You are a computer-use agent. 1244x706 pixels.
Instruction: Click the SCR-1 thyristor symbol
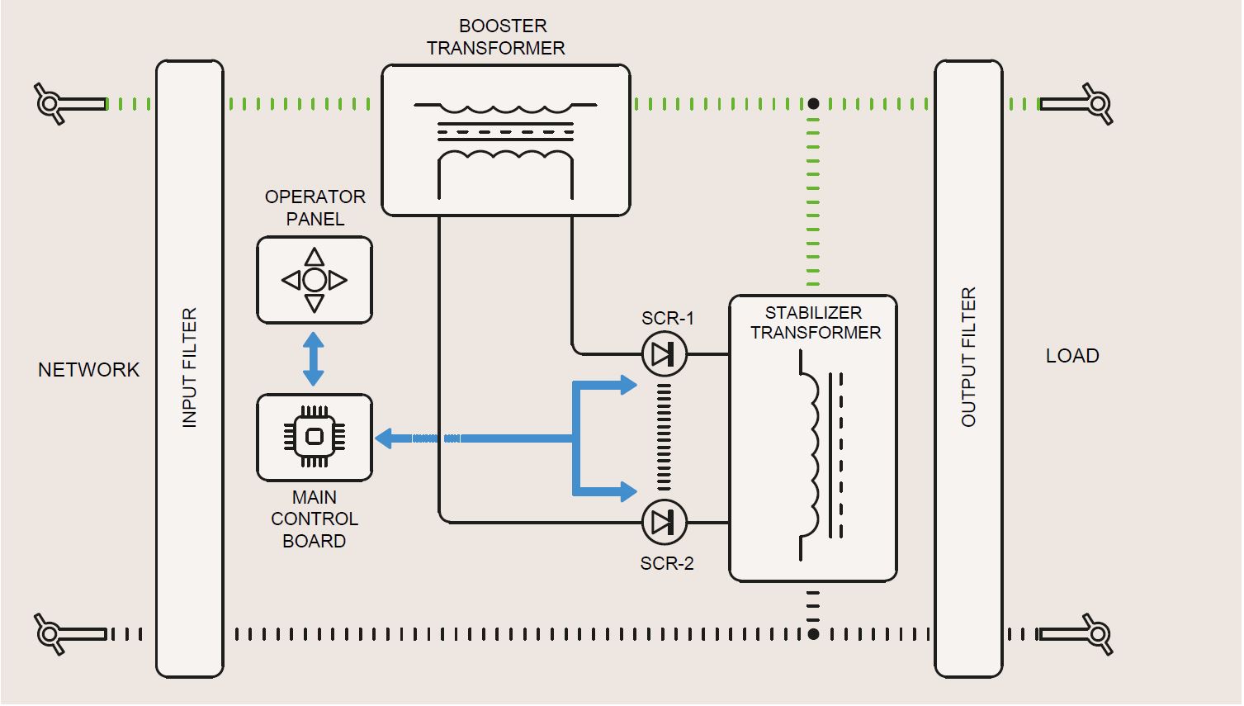coord(665,354)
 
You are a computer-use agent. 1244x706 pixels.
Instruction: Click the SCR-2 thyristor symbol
coord(665,522)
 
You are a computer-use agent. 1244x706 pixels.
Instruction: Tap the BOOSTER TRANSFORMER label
coord(496,37)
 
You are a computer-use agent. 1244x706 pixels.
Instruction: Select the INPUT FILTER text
coord(190,368)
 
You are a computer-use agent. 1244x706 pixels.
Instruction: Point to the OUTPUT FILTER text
coord(968,357)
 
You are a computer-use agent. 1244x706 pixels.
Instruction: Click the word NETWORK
coord(89,370)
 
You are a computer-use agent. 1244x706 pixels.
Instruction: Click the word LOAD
coord(1072,356)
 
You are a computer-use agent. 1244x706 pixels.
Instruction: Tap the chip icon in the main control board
coord(315,437)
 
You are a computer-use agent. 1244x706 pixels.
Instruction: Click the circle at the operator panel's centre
coord(315,281)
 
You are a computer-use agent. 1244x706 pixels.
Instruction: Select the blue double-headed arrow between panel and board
coord(314,359)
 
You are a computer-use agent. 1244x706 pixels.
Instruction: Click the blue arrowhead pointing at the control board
coord(385,438)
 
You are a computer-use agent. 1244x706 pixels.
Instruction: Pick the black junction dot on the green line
coord(813,104)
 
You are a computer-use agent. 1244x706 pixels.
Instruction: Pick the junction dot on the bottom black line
coord(813,634)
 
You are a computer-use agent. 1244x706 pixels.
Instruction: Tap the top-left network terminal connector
coord(51,104)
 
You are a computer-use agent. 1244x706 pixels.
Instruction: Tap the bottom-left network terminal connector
coord(51,634)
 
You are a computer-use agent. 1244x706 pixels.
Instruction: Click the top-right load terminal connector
coord(1096,104)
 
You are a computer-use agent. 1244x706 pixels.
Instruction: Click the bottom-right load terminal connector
coord(1096,634)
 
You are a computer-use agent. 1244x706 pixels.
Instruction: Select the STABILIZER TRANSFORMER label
coord(815,323)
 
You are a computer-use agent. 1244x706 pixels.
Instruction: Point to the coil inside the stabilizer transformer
coord(810,455)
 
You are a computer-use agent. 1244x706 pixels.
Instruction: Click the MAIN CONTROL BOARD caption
coord(315,519)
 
